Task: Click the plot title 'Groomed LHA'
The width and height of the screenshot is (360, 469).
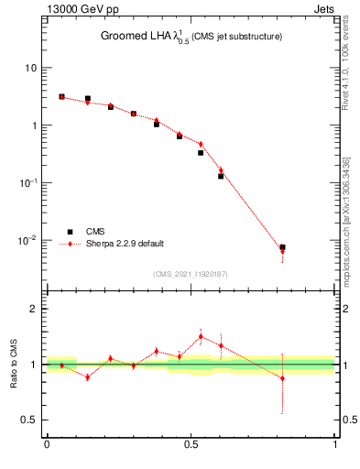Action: pyautogui.click(x=137, y=37)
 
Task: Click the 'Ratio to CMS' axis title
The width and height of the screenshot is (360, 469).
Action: pyautogui.click(x=16, y=365)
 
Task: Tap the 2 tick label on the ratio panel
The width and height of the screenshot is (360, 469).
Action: pyautogui.click(x=35, y=310)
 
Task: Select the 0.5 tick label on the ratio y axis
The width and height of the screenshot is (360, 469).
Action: pyautogui.click(x=30, y=420)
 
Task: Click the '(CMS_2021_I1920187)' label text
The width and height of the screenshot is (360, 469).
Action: pyautogui.click(x=191, y=274)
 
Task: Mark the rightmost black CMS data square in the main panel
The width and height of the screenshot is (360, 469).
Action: pyautogui.click(x=282, y=247)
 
